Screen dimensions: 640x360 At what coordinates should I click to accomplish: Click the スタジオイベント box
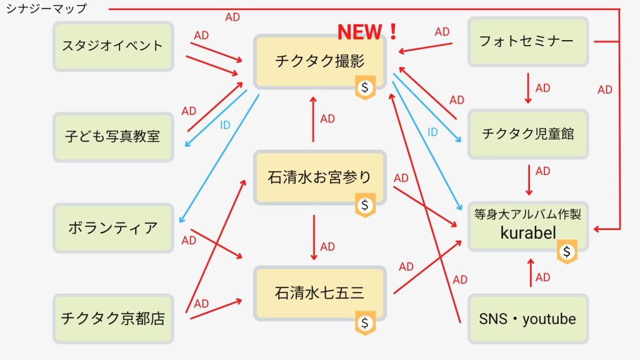pos(113,46)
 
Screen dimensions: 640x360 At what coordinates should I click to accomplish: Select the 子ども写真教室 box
pos(113,137)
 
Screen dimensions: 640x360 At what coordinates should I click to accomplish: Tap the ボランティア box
pos(113,227)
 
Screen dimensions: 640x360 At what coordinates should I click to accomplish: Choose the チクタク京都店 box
pos(113,318)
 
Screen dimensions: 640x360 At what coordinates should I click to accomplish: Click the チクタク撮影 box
pos(319,62)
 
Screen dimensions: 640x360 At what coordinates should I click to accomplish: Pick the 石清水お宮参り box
pos(319,177)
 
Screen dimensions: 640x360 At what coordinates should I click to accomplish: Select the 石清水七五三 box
pos(319,293)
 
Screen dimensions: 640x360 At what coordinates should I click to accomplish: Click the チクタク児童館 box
pos(527,134)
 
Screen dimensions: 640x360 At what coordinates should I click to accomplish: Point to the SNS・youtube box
pos(527,319)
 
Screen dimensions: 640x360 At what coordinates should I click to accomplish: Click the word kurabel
pos(528,233)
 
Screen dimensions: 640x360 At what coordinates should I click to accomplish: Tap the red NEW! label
pos(367,32)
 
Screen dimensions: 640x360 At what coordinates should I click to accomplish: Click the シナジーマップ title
pos(46,8)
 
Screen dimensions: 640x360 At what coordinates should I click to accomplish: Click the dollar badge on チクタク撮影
pos(365,87)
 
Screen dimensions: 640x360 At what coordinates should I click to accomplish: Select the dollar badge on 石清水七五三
pos(365,323)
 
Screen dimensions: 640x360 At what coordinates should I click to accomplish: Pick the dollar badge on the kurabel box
pos(567,251)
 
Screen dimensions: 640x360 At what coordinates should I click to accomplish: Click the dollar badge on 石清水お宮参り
pos(365,205)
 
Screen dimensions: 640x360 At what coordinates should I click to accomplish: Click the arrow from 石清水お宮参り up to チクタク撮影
pos(314,119)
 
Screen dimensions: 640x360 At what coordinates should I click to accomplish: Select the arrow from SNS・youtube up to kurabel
pos(531,272)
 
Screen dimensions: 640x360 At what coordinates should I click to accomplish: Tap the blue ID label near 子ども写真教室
pos(225,125)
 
